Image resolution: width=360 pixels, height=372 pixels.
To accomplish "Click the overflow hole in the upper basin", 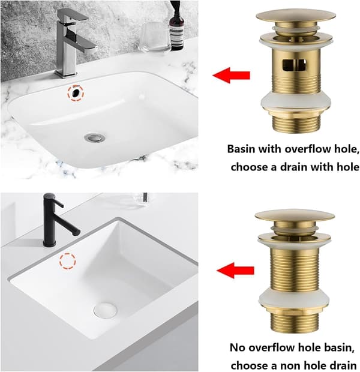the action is click(x=76, y=93).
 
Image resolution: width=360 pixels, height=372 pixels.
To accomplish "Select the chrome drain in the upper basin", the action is click(x=95, y=137).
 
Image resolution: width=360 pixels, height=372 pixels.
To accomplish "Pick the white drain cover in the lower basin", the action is click(x=105, y=310).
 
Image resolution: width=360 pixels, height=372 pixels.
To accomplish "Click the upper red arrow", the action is click(x=231, y=75).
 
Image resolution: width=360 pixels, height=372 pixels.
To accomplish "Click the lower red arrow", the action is click(x=235, y=270).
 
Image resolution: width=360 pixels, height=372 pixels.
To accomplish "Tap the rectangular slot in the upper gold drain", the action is click(x=294, y=65).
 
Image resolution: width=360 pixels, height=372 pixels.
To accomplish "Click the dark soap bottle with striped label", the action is click(x=176, y=26).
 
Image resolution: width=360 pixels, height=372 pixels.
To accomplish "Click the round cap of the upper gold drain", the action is click(x=295, y=15).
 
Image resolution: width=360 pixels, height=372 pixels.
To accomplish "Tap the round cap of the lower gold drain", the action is click(x=295, y=215).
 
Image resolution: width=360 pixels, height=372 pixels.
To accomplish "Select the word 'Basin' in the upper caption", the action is click(x=241, y=149).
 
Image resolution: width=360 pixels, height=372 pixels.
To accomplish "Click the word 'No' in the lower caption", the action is click(x=238, y=347).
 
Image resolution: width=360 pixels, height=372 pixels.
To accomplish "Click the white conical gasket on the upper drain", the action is click(x=295, y=101).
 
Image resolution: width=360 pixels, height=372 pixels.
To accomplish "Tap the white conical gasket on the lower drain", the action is click(x=294, y=299).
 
